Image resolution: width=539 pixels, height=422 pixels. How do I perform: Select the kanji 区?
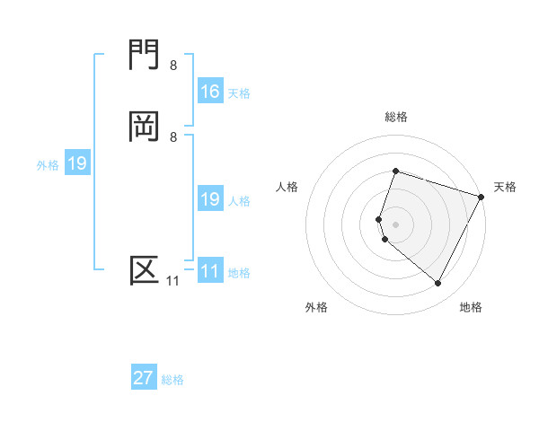pos(145,270)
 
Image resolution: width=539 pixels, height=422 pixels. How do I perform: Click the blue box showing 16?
pos(210,92)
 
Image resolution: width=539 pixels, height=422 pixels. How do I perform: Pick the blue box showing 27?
pos(144,378)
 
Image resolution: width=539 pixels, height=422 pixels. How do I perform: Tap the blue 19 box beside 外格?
pos(77,163)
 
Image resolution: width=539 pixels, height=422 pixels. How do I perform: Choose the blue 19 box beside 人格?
pos(210,199)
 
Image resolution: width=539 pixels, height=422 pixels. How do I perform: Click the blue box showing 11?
pos(210,271)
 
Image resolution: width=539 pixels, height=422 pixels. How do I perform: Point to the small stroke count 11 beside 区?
pos(172,281)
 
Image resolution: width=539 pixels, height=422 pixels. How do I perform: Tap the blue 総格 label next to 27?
pos(172,380)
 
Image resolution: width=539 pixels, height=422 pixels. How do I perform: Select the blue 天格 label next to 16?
pos(239,93)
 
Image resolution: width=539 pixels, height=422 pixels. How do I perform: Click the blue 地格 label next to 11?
pos(239,273)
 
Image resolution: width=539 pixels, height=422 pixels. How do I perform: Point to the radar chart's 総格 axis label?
pos(395,117)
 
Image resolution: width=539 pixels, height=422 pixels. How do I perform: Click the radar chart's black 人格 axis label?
pos(287,187)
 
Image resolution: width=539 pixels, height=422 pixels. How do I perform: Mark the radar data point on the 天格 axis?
pos(482,196)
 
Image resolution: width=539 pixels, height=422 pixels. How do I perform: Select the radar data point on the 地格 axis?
pos(438,284)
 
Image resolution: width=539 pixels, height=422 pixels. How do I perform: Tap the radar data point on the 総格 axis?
pos(395,171)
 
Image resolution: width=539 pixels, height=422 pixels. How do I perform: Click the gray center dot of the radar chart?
pos(395,224)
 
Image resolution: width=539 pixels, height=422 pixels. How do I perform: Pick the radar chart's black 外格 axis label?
pos(316,307)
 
